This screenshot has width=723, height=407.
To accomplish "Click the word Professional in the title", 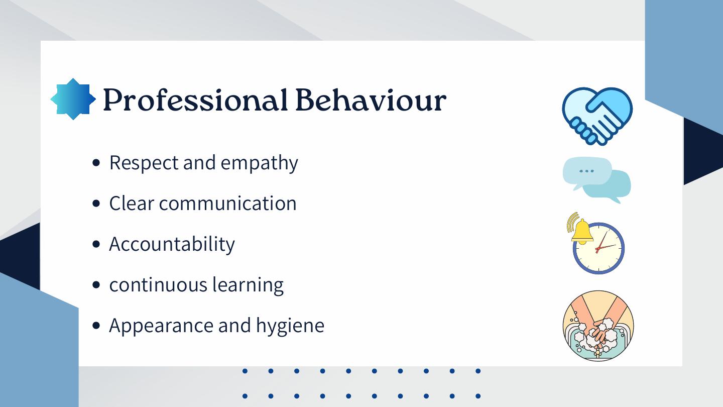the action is point(195,99).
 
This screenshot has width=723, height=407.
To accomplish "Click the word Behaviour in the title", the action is point(371,99).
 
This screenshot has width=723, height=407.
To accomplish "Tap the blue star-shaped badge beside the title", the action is point(73,99).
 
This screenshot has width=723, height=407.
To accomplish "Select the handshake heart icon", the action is point(597,116).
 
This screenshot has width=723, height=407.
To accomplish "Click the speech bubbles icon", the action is point(597,180).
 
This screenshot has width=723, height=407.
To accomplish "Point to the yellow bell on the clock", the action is point(581,231).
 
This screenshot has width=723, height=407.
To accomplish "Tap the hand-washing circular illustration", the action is point(598,326).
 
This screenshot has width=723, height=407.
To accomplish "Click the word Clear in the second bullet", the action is point(132,203).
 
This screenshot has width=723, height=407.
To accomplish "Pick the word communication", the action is point(227,203).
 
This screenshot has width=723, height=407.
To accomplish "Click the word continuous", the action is point(159,285).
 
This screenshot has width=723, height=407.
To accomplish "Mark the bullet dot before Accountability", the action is point(96,244).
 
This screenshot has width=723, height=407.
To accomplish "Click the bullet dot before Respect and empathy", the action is point(96,163).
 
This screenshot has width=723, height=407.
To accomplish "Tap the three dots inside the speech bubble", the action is point(586,171).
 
